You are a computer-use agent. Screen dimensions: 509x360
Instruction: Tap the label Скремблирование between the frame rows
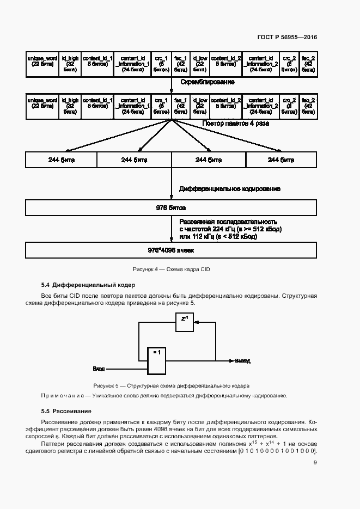(204, 82)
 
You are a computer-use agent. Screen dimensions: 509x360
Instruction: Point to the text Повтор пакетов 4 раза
(235, 124)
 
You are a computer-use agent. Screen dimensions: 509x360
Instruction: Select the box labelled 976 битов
(171, 208)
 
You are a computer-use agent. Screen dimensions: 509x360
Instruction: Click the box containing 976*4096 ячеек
(171, 250)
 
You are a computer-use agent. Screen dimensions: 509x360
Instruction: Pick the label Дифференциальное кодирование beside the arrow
(230, 189)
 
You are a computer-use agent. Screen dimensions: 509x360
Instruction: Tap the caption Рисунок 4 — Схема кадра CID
(171, 269)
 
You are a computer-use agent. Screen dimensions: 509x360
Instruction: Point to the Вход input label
(99, 369)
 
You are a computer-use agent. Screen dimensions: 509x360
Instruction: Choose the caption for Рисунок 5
(171, 385)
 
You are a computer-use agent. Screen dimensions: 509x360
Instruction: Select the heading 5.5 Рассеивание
(66, 410)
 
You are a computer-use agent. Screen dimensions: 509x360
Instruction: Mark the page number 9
(315, 463)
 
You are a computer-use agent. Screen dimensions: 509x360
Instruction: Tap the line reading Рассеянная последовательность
(228, 222)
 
